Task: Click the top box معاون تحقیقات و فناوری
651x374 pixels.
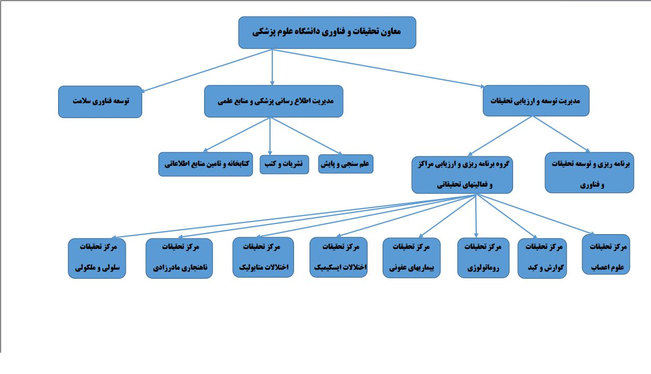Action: (x=327, y=32)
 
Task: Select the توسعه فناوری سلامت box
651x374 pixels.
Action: (x=100, y=102)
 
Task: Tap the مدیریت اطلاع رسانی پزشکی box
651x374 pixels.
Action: (x=273, y=101)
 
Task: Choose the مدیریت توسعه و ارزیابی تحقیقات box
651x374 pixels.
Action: (x=536, y=101)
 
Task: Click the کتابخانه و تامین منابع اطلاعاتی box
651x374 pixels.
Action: (x=206, y=164)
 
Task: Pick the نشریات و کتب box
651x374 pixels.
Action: (x=284, y=164)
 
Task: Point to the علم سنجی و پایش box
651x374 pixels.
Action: (x=346, y=164)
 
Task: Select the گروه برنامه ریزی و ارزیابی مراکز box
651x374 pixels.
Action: (x=462, y=175)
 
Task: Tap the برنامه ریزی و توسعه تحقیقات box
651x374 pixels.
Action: (x=589, y=173)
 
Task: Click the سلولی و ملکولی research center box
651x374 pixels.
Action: (x=97, y=258)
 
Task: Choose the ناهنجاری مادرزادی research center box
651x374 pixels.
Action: (x=180, y=258)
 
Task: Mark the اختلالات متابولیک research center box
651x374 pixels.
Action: (x=263, y=257)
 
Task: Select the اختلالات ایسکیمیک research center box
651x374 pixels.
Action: (x=339, y=257)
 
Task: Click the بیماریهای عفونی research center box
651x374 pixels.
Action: (x=411, y=257)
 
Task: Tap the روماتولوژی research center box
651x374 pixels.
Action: (x=483, y=257)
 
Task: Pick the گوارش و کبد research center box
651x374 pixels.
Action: (x=542, y=258)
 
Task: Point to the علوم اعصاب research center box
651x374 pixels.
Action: (x=606, y=254)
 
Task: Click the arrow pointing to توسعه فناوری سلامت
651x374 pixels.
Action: (x=207, y=71)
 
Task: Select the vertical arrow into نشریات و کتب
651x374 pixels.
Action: (x=270, y=136)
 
